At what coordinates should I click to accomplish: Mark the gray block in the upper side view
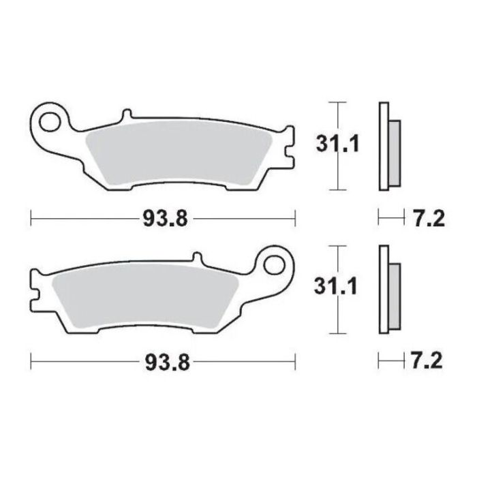tap(394, 153)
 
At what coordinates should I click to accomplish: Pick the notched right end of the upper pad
tap(288, 144)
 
